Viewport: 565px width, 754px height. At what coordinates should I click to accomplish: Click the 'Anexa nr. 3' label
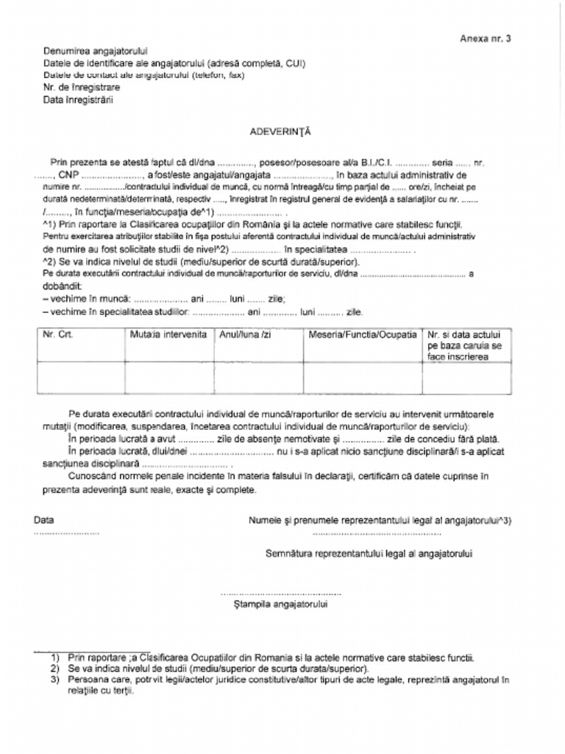485,38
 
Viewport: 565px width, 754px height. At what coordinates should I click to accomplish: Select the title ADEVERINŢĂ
281,131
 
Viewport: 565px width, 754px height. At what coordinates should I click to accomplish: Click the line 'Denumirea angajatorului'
96,52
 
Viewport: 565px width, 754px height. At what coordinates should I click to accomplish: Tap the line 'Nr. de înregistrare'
82,87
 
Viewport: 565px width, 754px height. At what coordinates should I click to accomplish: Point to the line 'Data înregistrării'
78,99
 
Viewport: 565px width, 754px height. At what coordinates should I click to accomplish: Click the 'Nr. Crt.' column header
58,334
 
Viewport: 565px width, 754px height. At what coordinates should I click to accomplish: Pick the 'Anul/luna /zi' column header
245,334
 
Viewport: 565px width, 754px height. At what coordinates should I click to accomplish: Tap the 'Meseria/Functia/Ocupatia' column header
362,334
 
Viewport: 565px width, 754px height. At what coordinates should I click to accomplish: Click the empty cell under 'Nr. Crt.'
81,378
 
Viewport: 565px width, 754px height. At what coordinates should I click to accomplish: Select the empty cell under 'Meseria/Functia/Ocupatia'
362,378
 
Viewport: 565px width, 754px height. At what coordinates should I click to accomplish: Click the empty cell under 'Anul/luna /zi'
258,378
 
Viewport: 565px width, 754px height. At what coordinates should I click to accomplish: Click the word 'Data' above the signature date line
44,520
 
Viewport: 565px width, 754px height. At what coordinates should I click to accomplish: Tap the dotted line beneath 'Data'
66,532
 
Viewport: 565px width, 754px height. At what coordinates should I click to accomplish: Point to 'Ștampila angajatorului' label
280,605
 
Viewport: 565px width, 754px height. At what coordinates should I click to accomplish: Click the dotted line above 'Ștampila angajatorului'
280,592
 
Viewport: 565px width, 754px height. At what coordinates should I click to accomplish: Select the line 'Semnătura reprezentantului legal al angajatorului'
369,553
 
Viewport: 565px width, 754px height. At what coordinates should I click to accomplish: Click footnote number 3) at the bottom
55,680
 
